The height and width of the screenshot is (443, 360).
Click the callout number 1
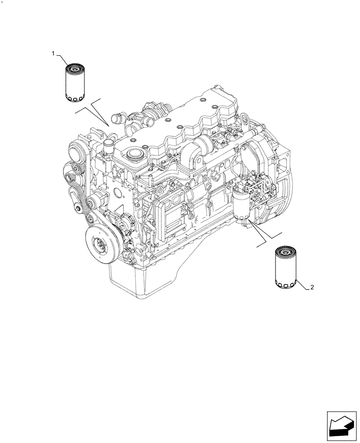pyautogui.click(x=53, y=54)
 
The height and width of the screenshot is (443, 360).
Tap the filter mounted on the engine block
pyautogui.click(x=240, y=204)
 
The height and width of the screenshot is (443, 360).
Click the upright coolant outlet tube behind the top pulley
pyautogui.click(x=108, y=146)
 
